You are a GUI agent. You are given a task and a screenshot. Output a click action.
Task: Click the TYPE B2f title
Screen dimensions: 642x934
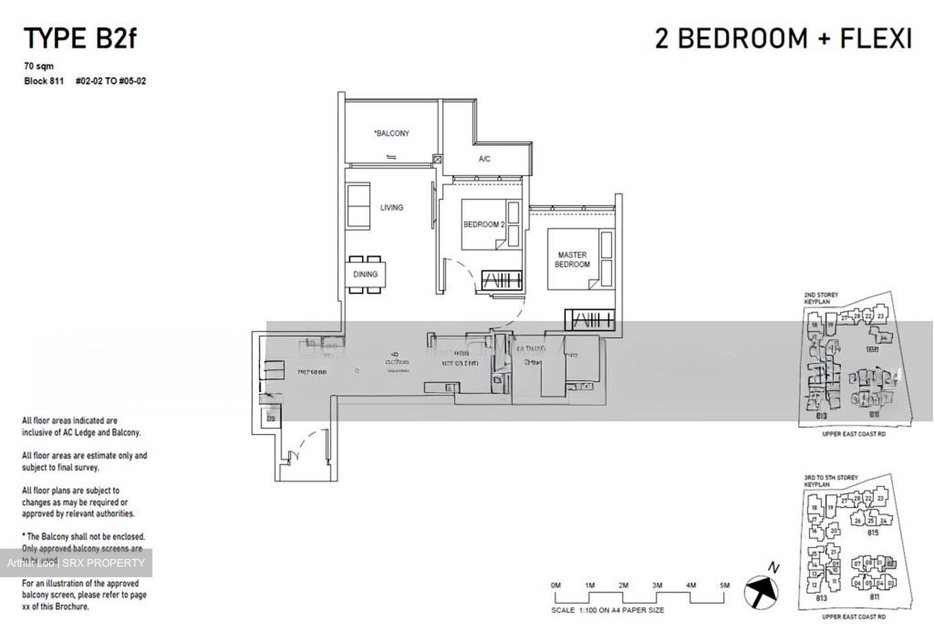pyautogui.click(x=80, y=39)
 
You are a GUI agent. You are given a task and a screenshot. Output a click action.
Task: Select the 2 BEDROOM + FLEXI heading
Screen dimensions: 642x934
pyautogui.click(x=783, y=39)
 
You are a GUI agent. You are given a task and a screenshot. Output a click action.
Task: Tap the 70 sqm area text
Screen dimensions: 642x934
pyautogui.click(x=39, y=66)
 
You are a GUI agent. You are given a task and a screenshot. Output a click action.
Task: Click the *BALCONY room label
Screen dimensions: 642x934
pyautogui.click(x=391, y=134)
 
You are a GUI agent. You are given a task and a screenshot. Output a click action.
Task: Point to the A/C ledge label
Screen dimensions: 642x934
pyautogui.click(x=485, y=159)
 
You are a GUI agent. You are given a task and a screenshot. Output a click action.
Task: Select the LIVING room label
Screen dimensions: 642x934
pyautogui.click(x=391, y=208)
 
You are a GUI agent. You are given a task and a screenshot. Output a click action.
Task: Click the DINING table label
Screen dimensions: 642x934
pyautogui.click(x=365, y=274)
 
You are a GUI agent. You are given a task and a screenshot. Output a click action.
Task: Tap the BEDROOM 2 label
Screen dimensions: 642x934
pyautogui.click(x=483, y=224)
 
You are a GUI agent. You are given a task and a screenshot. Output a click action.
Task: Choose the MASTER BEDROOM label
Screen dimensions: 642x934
pyautogui.click(x=572, y=259)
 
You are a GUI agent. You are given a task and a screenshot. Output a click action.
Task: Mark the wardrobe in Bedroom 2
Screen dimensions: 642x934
pyautogui.click(x=502, y=280)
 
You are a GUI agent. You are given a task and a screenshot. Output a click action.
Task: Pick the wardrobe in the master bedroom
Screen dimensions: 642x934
pyautogui.click(x=589, y=320)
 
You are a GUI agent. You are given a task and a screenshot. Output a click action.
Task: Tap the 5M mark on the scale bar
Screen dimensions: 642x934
pyautogui.click(x=724, y=585)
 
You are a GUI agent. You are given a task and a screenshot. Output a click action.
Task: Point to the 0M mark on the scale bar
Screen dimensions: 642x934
pyautogui.click(x=555, y=585)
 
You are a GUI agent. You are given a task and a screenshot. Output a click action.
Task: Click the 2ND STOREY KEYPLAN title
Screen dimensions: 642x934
pyautogui.click(x=821, y=298)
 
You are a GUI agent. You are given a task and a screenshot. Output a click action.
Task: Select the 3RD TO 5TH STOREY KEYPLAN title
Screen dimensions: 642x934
pyautogui.click(x=830, y=481)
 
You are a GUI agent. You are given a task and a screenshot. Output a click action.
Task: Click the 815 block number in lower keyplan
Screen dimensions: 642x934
pyautogui.click(x=872, y=532)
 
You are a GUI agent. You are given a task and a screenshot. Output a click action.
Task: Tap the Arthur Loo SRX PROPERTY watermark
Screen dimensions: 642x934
pyautogui.click(x=76, y=563)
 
